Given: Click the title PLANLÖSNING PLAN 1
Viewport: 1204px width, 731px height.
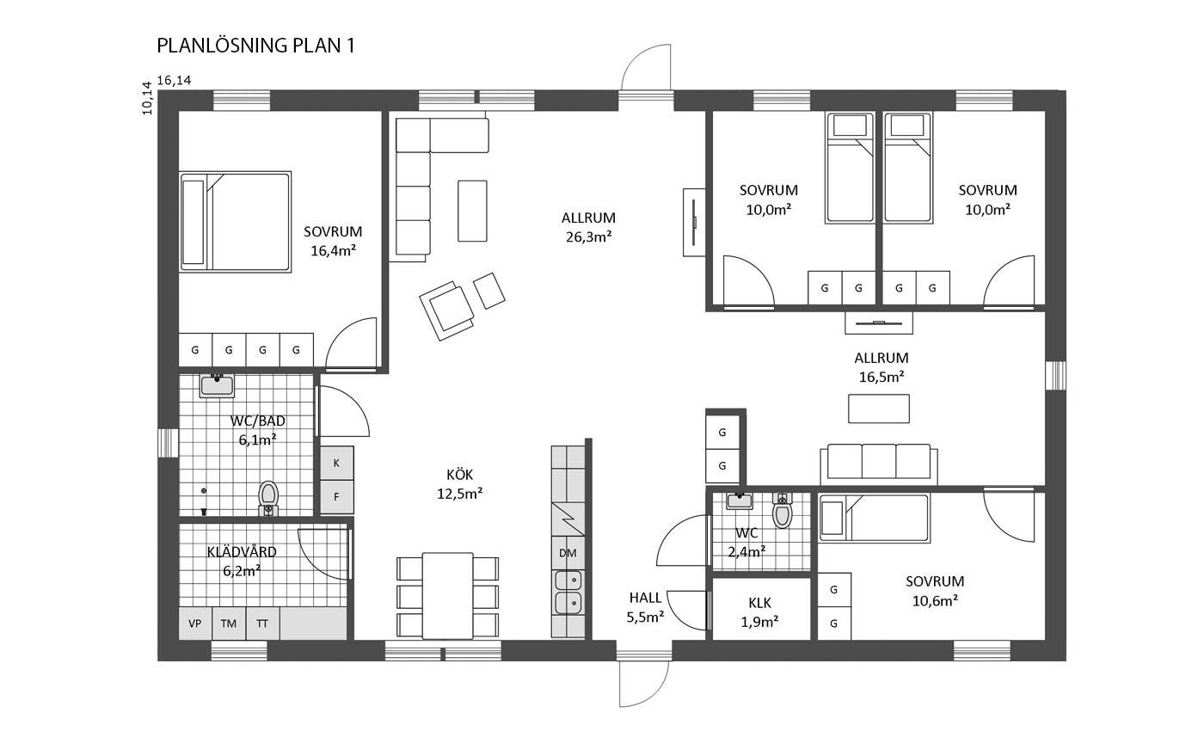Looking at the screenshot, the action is [256, 46].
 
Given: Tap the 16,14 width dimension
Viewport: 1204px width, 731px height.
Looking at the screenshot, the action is [174, 81].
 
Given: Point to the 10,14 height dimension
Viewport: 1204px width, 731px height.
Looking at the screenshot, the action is [147, 98].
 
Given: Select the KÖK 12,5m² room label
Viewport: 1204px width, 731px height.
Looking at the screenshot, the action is [459, 483].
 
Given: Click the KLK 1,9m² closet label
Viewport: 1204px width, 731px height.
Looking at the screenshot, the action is [760, 612].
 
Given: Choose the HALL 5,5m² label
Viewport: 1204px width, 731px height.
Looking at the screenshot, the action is [646, 607].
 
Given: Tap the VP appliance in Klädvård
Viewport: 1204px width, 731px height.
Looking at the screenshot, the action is [195, 623].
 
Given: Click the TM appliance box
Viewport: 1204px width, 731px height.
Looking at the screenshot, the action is [229, 623].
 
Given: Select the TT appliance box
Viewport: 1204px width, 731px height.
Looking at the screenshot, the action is [262, 623].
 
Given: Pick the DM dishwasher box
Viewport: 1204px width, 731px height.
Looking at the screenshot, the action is [568, 553].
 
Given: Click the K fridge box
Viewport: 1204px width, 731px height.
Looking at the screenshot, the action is [337, 463].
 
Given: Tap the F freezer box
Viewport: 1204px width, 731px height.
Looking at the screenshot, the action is [337, 497].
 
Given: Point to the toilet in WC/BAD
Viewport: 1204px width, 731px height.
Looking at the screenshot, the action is [268, 498].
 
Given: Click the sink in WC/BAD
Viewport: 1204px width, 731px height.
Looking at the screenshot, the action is [217, 385].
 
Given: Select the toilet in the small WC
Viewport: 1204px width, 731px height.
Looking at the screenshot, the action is [783, 510].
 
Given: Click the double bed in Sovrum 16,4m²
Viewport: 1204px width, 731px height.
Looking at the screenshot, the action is [236, 222].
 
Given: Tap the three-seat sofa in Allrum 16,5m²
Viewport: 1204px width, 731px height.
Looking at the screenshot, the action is [879, 464].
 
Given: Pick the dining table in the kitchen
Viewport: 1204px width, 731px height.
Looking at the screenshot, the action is [448, 596].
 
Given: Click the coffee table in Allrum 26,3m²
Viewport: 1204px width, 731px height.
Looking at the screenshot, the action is [472, 211].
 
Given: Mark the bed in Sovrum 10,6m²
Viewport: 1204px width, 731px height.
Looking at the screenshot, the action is [875, 518].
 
